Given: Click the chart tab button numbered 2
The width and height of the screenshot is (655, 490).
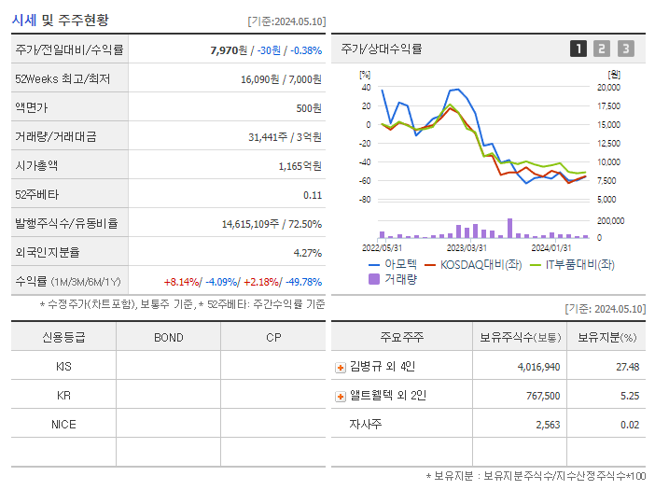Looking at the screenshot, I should click(602, 49).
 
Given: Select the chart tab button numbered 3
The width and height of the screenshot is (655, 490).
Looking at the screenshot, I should click(625, 49).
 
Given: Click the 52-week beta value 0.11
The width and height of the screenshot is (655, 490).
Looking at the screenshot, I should click(313, 194).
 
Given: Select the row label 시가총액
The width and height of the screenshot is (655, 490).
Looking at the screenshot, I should click(36, 165).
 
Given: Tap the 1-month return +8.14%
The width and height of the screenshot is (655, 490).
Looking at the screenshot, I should click(180, 282).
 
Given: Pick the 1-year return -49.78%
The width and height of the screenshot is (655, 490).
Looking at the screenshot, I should click(300, 282).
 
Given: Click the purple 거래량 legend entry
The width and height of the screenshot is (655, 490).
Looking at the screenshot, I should click(393, 278).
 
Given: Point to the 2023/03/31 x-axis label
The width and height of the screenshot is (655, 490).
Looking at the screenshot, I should click(467, 247).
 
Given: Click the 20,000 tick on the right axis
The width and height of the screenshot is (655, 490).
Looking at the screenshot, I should click(607, 87).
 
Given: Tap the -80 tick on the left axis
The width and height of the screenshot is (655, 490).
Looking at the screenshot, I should click(365, 200).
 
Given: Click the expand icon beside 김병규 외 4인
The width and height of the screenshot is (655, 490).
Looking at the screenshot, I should click(341, 367).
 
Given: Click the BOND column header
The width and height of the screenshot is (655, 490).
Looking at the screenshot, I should click(168, 337).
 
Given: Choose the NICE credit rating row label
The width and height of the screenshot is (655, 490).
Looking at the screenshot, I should click(63, 425).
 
